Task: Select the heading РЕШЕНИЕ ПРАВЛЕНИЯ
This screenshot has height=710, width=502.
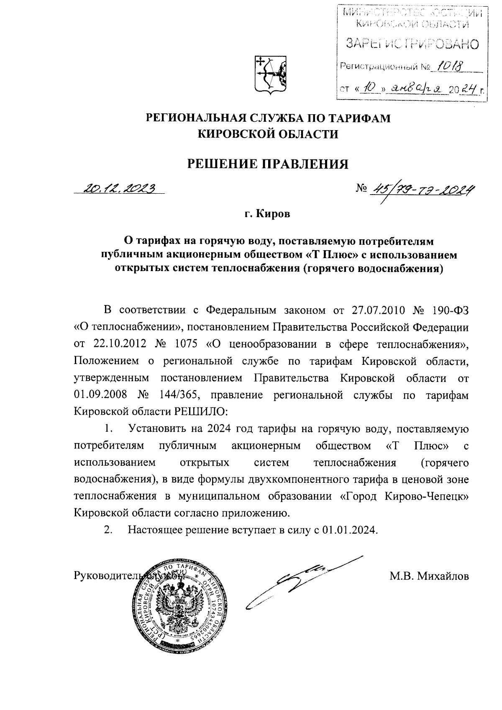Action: pyautogui.click(x=268, y=164)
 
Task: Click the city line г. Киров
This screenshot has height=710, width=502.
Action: pyautogui.click(x=268, y=214)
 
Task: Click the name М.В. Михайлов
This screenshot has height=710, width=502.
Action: pyautogui.click(x=429, y=577)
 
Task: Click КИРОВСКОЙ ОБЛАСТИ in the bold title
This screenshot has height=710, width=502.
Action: pyautogui.click(x=268, y=134)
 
